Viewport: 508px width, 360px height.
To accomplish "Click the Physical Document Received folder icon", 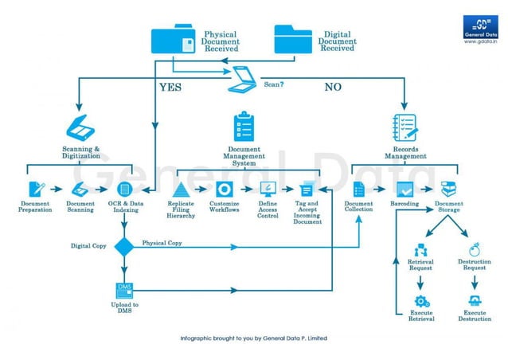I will (x=174, y=41).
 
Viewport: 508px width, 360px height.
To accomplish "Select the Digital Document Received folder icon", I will (x=293, y=40).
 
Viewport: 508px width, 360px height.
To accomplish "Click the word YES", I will (x=170, y=87).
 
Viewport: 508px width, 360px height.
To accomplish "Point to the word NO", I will (x=333, y=87).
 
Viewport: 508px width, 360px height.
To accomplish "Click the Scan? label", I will (x=275, y=82).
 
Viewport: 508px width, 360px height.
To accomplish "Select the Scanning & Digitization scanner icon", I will (x=80, y=128).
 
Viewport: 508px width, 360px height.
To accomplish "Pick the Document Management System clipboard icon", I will (x=244, y=127).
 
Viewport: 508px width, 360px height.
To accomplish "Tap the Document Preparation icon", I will (x=36, y=190).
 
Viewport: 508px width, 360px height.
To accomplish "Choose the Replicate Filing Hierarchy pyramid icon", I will (x=180, y=190).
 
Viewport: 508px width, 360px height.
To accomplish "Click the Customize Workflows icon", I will (x=224, y=190).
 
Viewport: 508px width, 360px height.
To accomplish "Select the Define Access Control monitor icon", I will (x=268, y=190).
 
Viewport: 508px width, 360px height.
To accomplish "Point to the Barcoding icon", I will (x=404, y=190).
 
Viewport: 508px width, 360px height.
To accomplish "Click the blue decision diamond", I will (x=123, y=247).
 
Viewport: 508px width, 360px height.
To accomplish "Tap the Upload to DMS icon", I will (x=124, y=290).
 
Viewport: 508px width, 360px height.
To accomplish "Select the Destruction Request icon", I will (x=474, y=249).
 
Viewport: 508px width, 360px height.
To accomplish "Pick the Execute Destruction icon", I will (x=474, y=301).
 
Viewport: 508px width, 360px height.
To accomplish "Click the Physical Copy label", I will (x=162, y=242).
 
